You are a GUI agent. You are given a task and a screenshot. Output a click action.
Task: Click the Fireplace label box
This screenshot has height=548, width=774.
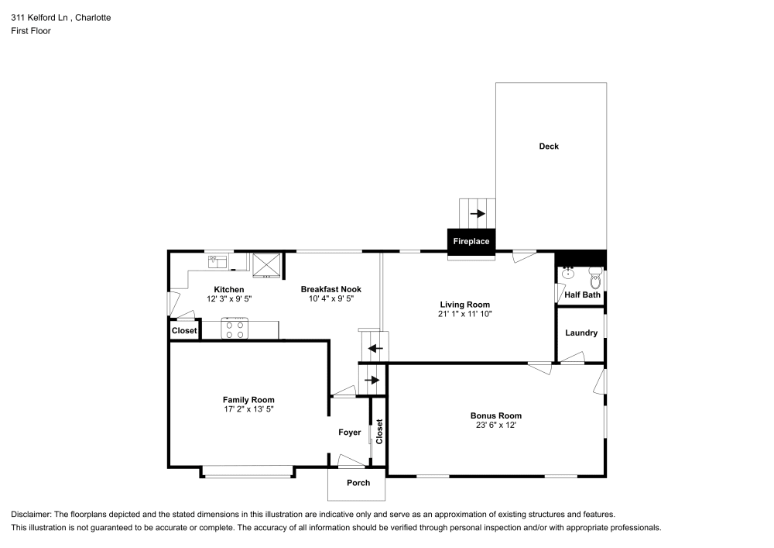(471, 241)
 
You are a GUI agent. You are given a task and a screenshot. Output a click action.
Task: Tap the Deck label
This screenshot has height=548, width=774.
(549, 146)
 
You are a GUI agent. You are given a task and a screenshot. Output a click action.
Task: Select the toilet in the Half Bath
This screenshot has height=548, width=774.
(595, 277)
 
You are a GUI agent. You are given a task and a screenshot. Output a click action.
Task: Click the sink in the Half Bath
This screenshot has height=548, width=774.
(568, 273)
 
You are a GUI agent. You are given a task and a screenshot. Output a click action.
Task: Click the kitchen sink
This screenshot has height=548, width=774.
(217, 262)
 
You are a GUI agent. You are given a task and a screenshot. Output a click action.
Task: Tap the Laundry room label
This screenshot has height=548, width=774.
(581, 333)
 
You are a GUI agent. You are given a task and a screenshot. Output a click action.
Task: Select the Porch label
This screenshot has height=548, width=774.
(358, 483)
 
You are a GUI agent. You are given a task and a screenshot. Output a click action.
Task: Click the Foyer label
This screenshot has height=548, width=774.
(350, 433)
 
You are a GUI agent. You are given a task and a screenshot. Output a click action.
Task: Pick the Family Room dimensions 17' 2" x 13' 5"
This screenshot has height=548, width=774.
(249, 410)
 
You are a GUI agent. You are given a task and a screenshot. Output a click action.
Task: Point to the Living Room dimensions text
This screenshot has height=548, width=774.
(465, 314)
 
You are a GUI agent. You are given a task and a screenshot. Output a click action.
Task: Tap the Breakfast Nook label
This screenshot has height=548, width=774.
(331, 289)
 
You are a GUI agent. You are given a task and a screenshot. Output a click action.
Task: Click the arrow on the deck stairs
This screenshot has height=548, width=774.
(478, 213)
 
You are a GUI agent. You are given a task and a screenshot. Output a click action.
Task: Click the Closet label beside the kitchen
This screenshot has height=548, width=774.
(184, 330)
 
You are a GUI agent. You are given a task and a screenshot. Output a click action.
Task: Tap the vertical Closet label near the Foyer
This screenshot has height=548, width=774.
(379, 432)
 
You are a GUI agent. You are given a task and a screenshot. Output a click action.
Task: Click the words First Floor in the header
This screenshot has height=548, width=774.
(31, 31)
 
